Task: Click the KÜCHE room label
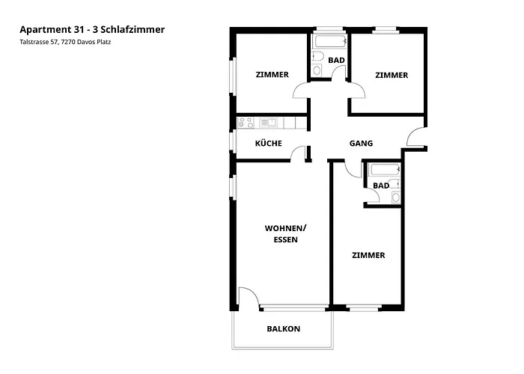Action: tap(268, 143)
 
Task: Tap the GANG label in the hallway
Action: tap(361, 143)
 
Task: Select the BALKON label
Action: tap(283, 328)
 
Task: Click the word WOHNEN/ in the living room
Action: tap(285, 228)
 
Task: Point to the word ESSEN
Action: tap(285, 240)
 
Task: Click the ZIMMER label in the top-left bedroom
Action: tap(272, 75)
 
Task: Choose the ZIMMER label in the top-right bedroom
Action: tap(392, 75)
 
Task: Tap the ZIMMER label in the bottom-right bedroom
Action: tap(368, 255)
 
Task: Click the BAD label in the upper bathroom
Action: tap(336, 60)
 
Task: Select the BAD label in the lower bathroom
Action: tap(381, 185)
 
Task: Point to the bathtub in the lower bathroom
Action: tap(382, 169)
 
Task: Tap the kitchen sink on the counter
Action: tap(269, 122)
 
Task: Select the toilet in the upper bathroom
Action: tap(317, 61)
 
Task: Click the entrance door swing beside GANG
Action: tap(414, 138)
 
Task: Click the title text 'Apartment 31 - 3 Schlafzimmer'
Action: tap(92, 29)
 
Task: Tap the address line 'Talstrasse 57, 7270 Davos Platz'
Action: tap(70, 43)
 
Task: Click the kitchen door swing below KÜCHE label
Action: tap(299, 154)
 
